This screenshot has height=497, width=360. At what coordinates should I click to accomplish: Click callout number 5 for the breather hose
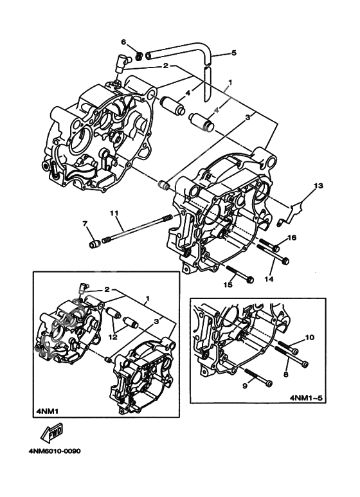(x=233, y=53)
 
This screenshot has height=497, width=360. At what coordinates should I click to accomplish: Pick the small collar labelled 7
(x=95, y=244)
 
